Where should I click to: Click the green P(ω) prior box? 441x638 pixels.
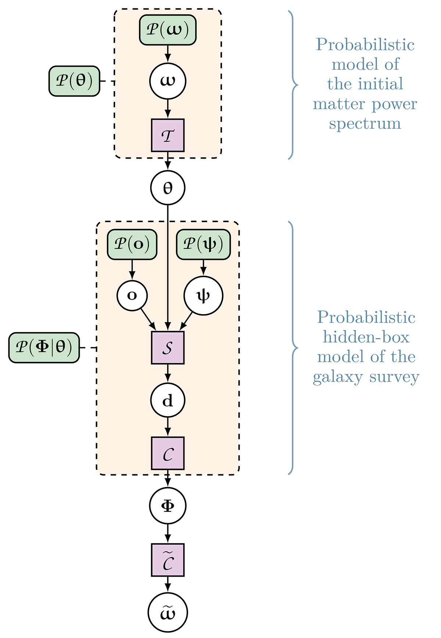(168, 30)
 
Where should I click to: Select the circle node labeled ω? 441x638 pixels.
(168, 81)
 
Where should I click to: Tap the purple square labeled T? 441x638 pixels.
(168, 135)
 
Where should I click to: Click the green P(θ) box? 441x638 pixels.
(74, 81)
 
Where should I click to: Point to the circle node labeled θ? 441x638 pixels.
(168, 188)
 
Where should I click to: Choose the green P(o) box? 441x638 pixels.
(132, 244)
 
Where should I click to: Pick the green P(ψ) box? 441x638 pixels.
(203, 244)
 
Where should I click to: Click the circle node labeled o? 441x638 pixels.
(132, 296)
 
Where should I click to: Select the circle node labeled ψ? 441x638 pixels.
(203, 296)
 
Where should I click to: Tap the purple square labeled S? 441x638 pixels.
(168, 348)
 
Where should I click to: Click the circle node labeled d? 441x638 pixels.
(168, 400)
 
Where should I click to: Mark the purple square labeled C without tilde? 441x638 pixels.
(168, 453)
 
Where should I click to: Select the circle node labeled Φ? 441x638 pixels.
(168, 505)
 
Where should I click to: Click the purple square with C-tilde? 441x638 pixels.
(168, 560)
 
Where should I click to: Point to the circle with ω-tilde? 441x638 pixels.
(168, 612)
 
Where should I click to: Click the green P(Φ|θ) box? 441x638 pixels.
(44, 348)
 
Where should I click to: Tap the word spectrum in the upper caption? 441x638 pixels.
(365, 124)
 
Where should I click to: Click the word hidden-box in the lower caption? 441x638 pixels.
(366, 337)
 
